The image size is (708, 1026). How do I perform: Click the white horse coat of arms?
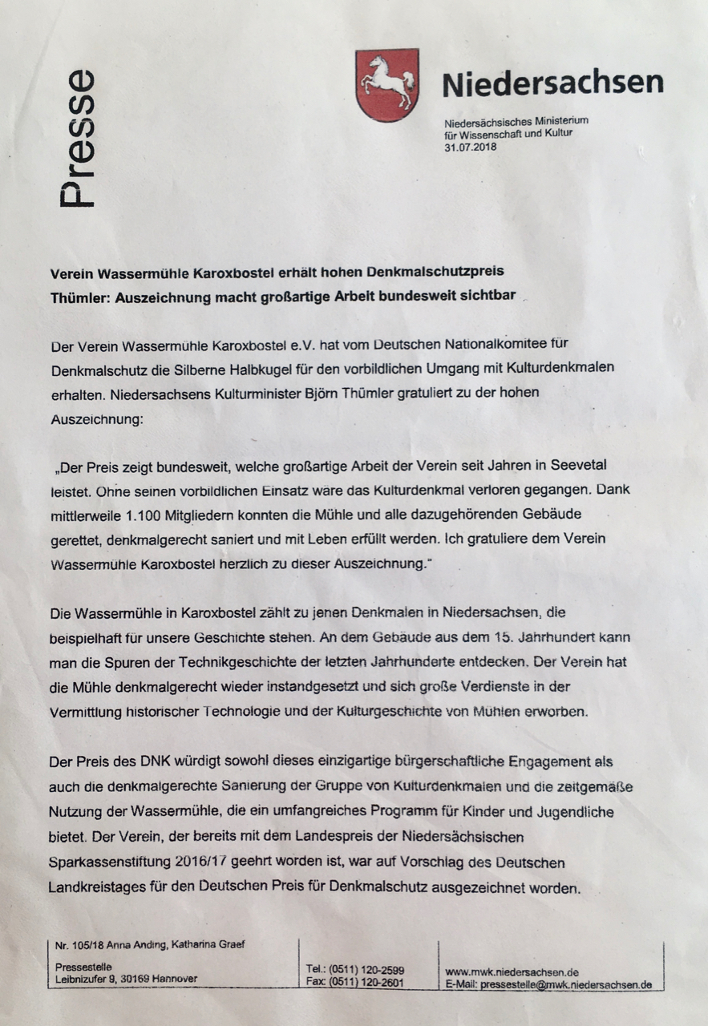pos(386,84)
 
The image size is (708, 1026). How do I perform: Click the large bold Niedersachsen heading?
pos(552,83)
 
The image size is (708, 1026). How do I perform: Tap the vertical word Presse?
pos(79,139)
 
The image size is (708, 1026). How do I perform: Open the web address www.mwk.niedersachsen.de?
pos(512,971)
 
